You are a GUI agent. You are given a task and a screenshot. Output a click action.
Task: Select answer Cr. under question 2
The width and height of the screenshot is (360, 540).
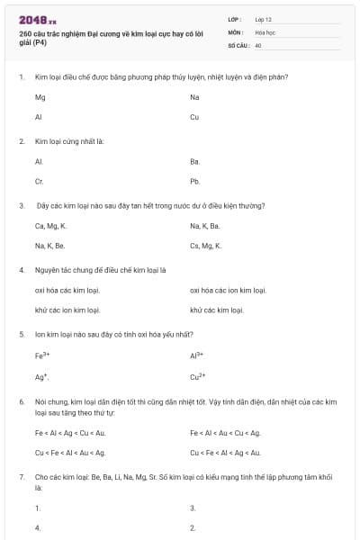click(39, 181)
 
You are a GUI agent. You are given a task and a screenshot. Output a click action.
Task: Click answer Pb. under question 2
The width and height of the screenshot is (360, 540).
click(194, 181)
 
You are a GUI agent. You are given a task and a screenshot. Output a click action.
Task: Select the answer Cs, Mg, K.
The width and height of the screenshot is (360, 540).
click(206, 245)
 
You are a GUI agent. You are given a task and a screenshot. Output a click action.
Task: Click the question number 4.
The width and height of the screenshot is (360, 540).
click(21, 269)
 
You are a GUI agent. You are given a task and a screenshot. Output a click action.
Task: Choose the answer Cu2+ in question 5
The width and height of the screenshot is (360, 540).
click(198, 375)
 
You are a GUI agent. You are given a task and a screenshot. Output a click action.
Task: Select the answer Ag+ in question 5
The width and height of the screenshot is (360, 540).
click(41, 375)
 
